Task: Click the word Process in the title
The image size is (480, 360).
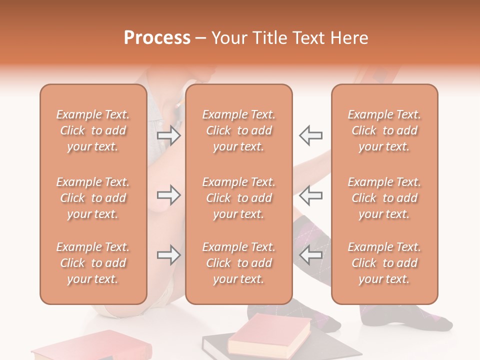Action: pyautogui.click(x=157, y=38)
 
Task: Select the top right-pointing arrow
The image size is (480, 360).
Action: pyautogui.click(x=169, y=135)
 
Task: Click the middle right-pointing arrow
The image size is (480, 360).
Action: pyautogui.click(x=169, y=195)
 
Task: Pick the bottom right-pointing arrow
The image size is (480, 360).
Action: pyautogui.click(x=169, y=255)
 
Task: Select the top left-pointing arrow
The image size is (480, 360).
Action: pyautogui.click(x=310, y=135)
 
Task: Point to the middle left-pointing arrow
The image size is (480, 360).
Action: pyautogui.click(x=310, y=195)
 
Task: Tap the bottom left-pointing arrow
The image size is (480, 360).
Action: pyautogui.click(x=310, y=255)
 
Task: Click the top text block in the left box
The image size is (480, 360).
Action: pyautogui.click(x=93, y=130)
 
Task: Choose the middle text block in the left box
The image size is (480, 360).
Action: pyautogui.click(x=93, y=198)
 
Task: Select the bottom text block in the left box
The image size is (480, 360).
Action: pyautogui.click(x=93, y=263)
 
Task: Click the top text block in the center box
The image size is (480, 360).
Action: pyautogui.click(x=238, y=130)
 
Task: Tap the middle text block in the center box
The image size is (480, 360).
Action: pyautogui.click(x=238, y=198)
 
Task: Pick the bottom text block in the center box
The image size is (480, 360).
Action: pyautogui.click(x=238, y=263)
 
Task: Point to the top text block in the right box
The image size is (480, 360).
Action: pyautogui.click(x=384, y=130)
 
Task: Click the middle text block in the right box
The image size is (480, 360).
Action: pyautogui.click(x=384, y=198)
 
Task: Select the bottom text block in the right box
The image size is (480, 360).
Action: pyautogui.click(x=384, y=263)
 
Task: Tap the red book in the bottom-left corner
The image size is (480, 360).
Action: pyautogui.click(x=80, y=347)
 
